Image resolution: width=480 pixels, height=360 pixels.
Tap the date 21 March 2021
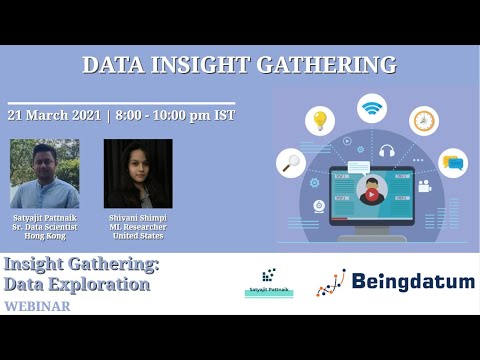[54, 115]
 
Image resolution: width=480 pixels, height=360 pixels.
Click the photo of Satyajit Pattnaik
[44, 173]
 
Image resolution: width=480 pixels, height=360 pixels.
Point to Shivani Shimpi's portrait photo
[138, 173]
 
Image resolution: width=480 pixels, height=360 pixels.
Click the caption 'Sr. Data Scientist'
[45, 227]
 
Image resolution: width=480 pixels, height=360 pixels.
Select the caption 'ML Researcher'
[138, 227]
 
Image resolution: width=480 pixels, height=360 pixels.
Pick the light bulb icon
[320, 121]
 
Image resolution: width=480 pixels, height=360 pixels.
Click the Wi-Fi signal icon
[372, 107]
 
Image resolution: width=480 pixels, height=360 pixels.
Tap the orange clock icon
[424, 121]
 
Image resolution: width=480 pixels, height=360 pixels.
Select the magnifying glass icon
[291, 162]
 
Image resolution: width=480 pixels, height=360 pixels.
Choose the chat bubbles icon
[453, 162]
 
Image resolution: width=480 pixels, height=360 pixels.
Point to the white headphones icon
[387, 153]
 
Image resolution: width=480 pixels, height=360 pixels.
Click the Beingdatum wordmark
[413, 282]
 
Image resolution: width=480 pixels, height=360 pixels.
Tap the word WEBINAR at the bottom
[37, 306]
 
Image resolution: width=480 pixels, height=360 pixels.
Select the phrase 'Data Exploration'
[77, 284]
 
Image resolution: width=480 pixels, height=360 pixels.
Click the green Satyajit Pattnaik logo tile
[269, 281]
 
